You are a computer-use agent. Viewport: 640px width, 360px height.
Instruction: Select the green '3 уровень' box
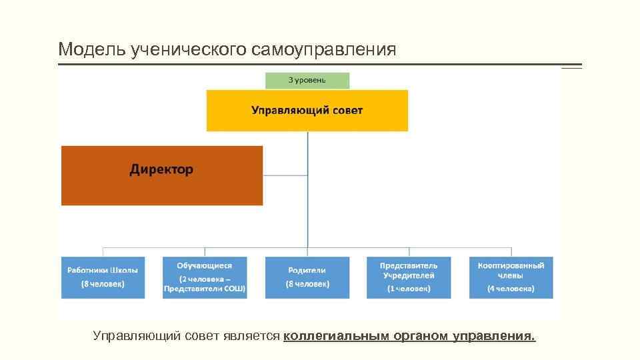coord(307,81)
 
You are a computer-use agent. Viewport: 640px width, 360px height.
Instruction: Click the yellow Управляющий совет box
coord(307,111)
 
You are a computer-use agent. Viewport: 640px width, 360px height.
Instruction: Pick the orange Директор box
coord(162,175)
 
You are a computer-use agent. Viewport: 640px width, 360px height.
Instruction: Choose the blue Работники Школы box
coord(103,277)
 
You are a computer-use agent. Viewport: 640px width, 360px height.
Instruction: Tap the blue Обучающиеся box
coord(205,277)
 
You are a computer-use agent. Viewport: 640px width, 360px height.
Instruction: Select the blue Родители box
coord(307,277)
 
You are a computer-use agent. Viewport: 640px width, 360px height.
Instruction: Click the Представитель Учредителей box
coord(409,277)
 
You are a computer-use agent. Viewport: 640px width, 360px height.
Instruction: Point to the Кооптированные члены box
coord(511,277)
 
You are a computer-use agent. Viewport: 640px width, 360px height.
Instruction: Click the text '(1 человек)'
coord(409,289)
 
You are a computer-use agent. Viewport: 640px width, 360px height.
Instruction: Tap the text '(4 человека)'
coord(511,289)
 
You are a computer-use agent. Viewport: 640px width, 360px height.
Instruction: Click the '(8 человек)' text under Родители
coord(307,284)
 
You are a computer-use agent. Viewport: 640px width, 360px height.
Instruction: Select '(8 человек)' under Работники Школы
coord(103,283)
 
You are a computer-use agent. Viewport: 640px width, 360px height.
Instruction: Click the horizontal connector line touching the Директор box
coord(285,175)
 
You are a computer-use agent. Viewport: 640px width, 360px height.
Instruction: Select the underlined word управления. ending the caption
coord(494,336)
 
